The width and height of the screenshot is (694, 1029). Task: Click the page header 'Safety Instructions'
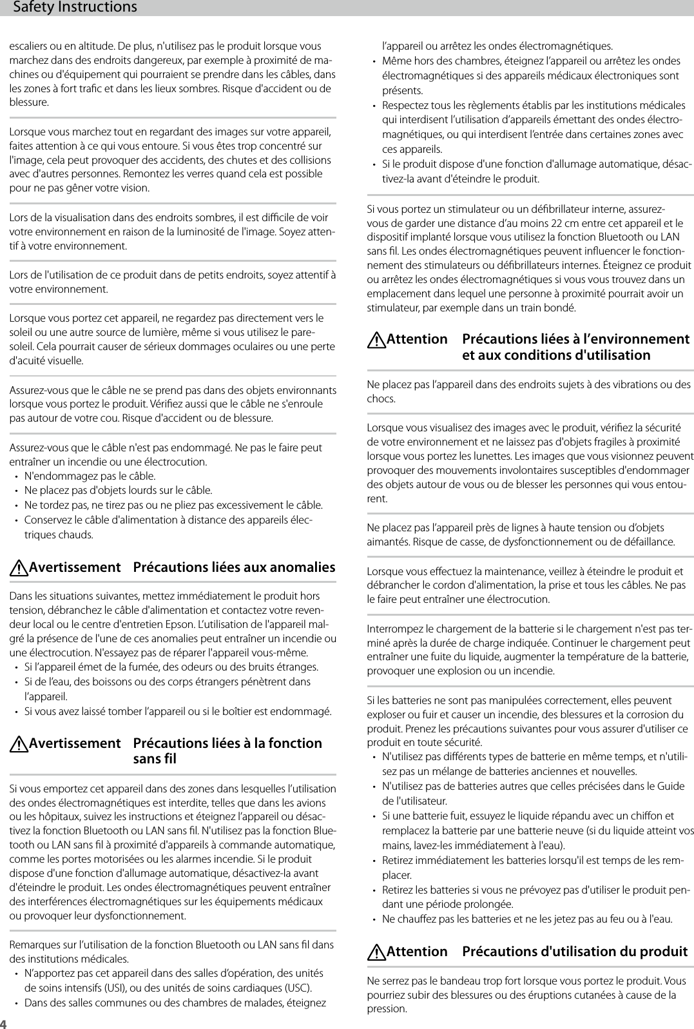click(x=75, y=7)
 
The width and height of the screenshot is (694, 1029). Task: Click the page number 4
click(x=3, y=1024)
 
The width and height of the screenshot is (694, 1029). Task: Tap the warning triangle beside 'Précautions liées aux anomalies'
click(x=19, y=568)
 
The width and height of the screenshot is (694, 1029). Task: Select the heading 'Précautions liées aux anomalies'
click(x=234, y=567)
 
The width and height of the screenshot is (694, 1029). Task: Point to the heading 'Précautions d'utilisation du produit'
click(x=575, y=951)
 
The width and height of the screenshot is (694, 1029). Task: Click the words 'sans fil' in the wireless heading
click(x=154, y=759)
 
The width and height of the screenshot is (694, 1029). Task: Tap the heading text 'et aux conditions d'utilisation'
click(x=556, y=355)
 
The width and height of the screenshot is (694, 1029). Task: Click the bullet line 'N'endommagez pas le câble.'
click(x=90, y=476)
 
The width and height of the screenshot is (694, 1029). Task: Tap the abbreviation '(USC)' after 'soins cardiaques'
click(x=298, y=987)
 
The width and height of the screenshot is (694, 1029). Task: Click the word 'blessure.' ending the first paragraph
click(x=28, y=103)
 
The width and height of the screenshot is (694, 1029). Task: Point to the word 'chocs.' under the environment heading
click(x=381, y=398)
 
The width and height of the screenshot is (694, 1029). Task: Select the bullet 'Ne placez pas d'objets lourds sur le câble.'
click(x=118, y=491)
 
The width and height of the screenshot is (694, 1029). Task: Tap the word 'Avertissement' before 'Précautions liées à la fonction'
click(x=75, y=743)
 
